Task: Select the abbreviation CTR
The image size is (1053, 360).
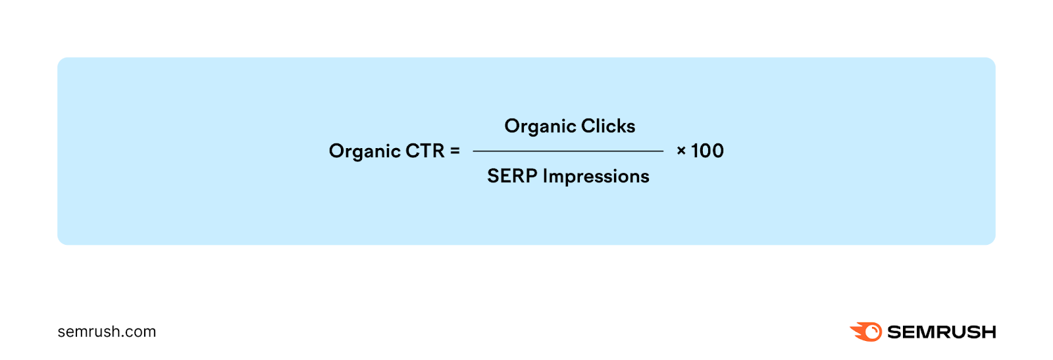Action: tap(425, 151)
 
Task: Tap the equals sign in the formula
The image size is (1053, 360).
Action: tap(455, 151)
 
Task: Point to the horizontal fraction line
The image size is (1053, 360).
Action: tap(568, 151)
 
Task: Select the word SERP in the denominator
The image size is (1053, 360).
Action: tap(512, 176)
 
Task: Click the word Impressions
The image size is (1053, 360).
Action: tap(596, 177)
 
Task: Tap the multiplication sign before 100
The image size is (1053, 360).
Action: tap(681, 151)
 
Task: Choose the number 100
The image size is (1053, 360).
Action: tap(707, 151)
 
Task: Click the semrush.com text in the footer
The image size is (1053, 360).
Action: tap(107, 332)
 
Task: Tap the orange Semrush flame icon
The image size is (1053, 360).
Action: tap(867, 332)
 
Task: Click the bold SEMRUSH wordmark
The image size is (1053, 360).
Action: tap(941, 332)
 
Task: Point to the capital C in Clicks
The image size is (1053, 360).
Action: tap(588, 126)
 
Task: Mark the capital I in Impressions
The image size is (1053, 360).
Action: tap(545, 176)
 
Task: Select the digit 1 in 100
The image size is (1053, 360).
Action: tap(694, 151)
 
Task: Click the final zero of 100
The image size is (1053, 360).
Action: tap(717, 151)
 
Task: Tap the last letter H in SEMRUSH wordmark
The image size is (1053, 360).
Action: tap(988, 332)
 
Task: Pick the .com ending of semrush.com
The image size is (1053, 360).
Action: tap(141, 332)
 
